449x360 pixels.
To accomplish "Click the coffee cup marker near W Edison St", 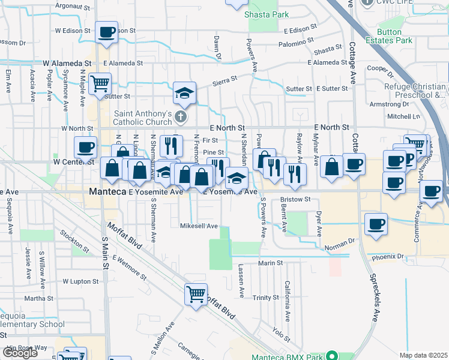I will coord(106,32).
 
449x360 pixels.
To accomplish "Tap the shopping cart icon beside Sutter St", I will coord(100,83).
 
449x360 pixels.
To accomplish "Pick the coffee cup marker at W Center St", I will coord(85,148).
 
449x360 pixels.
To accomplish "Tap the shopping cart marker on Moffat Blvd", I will coord(196,295).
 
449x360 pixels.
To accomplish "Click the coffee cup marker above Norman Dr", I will coord(376,224).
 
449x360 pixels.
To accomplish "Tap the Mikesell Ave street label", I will coord(199,226).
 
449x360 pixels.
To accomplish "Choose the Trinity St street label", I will coord(266,298).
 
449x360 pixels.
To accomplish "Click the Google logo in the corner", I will coord(20,353).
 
